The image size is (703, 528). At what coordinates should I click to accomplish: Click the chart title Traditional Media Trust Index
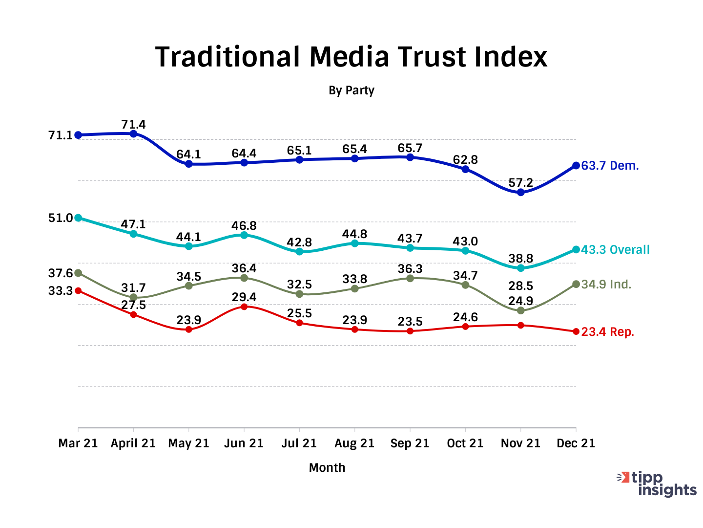[351, 57]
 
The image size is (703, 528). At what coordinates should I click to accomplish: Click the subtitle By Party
[351, 90]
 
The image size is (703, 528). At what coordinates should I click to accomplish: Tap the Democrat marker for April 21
[133, 133]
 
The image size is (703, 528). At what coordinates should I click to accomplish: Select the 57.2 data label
[520, 183]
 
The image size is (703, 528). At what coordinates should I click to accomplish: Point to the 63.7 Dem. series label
[610, 166]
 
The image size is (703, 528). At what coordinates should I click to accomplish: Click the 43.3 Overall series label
[615, 250]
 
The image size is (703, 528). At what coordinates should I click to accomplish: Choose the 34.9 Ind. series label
[606, 285]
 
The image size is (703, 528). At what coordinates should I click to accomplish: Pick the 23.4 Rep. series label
[607, 332]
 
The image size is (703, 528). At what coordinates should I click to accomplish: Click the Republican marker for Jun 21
[244, 307]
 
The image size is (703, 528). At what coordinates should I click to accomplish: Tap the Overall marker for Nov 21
[521, 268]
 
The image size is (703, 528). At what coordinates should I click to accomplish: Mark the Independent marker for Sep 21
[410, 278]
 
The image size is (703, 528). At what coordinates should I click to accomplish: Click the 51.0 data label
[61, 218]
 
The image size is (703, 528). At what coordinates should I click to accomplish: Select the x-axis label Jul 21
[299, 443]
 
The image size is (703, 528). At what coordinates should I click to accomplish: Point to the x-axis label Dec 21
[576, 443]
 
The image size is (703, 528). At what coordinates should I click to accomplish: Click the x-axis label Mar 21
[78, 443]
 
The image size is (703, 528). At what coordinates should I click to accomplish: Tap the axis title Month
[327, 468]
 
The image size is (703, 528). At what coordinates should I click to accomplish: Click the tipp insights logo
[657, 484]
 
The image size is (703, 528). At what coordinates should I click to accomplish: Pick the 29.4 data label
[244, 297]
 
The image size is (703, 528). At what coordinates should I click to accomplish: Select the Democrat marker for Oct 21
[465, 169]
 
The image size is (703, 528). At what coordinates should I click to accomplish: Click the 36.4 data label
[244, 268]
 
